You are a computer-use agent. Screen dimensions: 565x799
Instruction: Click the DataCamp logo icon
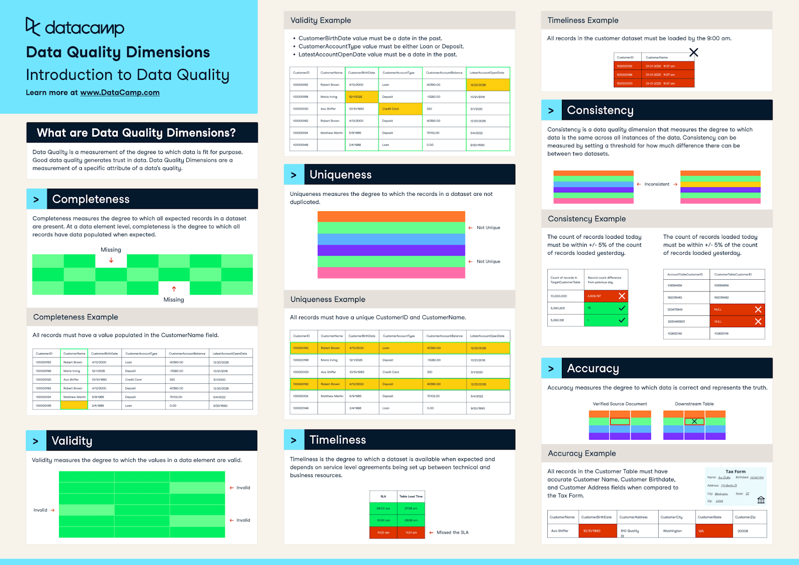click(x=32, y=26)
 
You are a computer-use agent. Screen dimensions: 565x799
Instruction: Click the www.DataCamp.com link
click(x=120, y=92)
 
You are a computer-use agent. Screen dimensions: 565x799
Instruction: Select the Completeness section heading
click(x=91, y=199)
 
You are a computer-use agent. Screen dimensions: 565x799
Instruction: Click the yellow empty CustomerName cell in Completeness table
click(x=74, y=406)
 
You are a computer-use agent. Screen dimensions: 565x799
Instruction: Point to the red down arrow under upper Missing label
click(x=111, y=260)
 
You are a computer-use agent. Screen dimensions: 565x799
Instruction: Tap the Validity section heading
click(x=72, y=441)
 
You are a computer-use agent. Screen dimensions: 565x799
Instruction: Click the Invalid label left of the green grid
click(x=40, y=510)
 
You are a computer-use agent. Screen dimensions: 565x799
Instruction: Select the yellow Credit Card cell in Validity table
click(x=400, y=109)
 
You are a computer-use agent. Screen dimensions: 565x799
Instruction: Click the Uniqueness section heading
click(x=341, y=175)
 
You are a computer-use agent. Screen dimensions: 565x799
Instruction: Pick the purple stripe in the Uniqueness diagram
click(x=391, y=250)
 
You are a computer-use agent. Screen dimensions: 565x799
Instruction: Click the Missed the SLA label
click(x=452, y=533)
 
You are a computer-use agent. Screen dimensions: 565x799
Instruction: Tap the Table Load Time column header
click(x=410, y=496)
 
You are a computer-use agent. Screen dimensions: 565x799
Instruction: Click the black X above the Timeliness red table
click(x=694, y=52)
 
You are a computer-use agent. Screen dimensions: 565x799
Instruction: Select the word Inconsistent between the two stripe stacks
click(x=657, y=184)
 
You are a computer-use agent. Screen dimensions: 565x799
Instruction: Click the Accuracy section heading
click(x=593, y=369)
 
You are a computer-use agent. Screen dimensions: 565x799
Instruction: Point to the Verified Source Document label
click(x=620, y=404)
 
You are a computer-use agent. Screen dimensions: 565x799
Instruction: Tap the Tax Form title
click(x=735, y=472)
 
